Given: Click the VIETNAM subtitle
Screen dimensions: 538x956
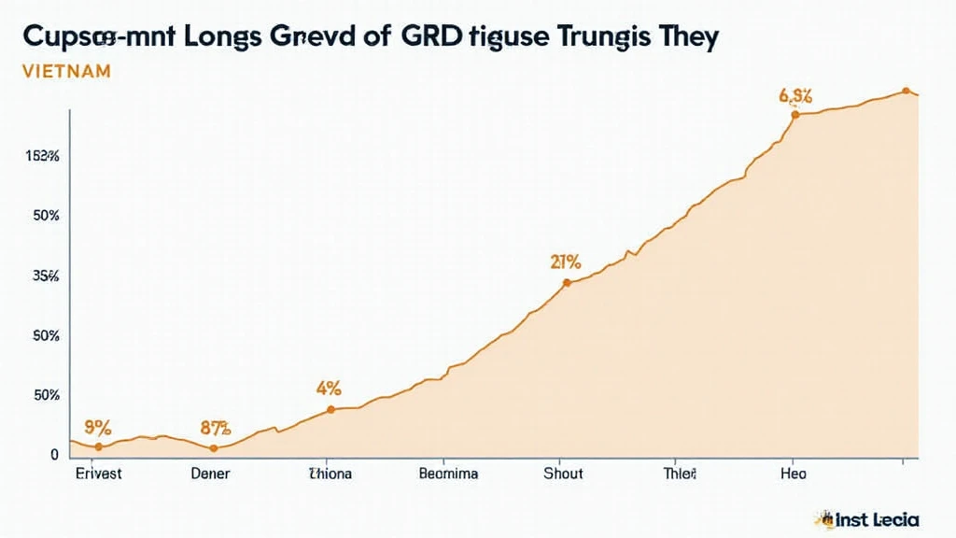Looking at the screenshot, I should [x=66, y=71].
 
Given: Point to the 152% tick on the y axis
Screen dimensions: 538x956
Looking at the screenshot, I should [x=43, y=156].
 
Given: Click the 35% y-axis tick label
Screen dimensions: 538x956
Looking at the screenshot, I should [x=46, y=276].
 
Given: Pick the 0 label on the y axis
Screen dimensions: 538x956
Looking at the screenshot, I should [x=54, y=454].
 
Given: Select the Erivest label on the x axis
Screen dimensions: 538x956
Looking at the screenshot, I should [x=98, y=474].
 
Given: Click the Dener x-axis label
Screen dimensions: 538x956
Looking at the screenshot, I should [x=210, y=474].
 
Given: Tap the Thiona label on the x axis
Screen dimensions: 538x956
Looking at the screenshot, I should [x=330, y=474].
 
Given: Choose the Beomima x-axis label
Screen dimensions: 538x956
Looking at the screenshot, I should [x=448, y=474].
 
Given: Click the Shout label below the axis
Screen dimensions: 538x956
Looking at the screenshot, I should [x=563, y=474].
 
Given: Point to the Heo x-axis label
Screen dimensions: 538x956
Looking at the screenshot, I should [x=793, y=474].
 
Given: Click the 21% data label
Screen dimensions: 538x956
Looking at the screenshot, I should [x=567, y=262].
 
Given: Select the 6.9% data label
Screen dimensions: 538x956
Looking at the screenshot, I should [x=795, y=95].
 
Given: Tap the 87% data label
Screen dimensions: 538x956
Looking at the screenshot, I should [x=215, y=429].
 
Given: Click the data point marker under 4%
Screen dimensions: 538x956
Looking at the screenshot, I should [x=330, y=409].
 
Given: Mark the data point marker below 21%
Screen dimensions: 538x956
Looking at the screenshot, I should [x=567, y=282].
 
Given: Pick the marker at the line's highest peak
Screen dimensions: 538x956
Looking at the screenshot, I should [x=906, y=91].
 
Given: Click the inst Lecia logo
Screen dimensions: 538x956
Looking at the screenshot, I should [x=867, y=518].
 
